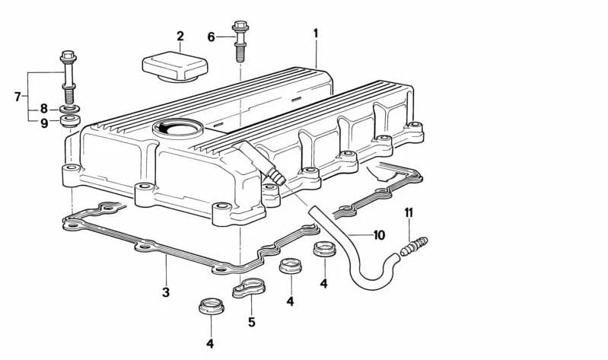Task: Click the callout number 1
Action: (x=316, y=33)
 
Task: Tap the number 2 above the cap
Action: (x=180, y=36)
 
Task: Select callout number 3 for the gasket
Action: (x=165, y=292)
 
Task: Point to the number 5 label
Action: (x=251, y=322)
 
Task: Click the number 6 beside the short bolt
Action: (x=212, y=36)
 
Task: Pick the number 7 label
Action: (x=18, y=97)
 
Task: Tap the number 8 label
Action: (x=44, y=109)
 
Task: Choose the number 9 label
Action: (x=44, y=123)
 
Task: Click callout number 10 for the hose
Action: (x=379, y=235)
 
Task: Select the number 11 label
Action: (x=409, y=212)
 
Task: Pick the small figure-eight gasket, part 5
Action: (x=248, y=288)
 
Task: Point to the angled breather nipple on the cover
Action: (x=255, y=160)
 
